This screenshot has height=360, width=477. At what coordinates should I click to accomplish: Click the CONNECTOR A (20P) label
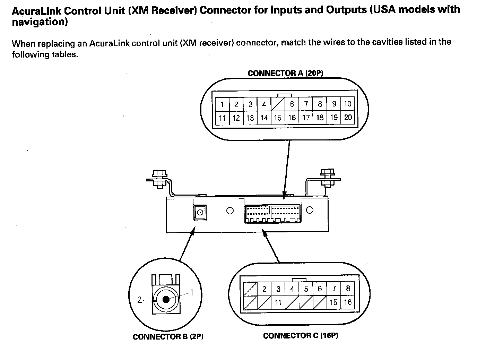click(285, 73)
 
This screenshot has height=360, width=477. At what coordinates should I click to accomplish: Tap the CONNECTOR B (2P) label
click(168, 336)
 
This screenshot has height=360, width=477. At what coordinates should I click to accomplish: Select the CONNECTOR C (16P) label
click(301, 335)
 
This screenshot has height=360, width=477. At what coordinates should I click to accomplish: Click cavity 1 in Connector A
click(222, 104)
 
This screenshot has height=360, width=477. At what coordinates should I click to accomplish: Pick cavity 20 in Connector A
click(348, 118)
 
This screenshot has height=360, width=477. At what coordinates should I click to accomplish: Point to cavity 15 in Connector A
click(278, 118)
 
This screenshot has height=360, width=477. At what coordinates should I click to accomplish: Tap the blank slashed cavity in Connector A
click(278, 104)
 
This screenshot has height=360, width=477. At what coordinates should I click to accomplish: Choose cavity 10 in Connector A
click(348, 104)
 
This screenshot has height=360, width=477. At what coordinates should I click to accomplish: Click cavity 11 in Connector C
click(278, 302)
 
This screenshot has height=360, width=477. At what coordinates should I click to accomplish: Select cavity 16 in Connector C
click(348, 302)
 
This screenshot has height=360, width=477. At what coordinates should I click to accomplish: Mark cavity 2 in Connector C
click(264, 289)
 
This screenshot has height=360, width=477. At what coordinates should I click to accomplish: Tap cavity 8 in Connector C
click(348, 289)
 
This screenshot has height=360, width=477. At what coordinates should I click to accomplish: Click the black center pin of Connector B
click(166, 299)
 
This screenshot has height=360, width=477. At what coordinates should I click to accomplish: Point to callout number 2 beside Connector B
click(139, 300)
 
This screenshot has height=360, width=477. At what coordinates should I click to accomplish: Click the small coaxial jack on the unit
click(200, 212)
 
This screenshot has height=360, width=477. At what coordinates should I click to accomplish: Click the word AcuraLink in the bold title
click(36, 11)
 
